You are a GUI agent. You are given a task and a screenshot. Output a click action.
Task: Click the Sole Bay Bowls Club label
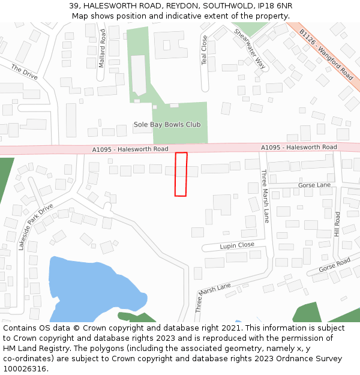pyautogui.click(x=167, y=125)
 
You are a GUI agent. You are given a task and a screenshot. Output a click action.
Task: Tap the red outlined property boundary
pyautogui.click(x=181, y=174)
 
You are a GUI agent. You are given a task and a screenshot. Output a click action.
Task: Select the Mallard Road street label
pyautogui.click(x=102, y=49)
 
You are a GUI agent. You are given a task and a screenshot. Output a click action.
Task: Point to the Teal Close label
pyautogui.click(x=205, y=50)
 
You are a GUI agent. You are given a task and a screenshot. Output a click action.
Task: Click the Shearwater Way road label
pyautogui.click(x=249, y=49)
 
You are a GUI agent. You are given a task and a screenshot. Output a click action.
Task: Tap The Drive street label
pyautogui.click(x=24, y=72)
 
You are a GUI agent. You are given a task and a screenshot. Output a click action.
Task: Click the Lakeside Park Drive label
pyautogui.click(x=35, y=226)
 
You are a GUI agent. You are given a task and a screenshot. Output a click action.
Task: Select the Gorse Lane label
pyautogui.click(x=314, y=185)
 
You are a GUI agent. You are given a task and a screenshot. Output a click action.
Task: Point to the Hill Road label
pyautogui.click(x=337, y=223)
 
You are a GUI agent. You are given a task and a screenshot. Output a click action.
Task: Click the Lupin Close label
pyautogui.click(x=236, y=245)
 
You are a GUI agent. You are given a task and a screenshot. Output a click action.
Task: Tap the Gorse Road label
pyautogui.click(x=334, y=265)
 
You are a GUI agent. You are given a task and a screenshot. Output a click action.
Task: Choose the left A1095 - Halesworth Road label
pyautogui.click(x=130, y=149)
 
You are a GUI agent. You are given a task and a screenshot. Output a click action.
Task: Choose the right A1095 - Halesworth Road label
pyautogui.click(x=299, y=147)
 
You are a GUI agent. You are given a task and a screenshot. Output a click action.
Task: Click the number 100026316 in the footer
pyautogui.click(x=25, y=368)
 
